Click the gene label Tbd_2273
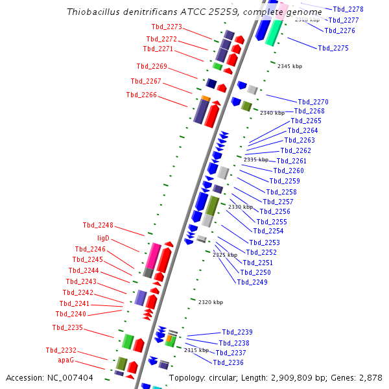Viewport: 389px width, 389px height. tap(167, 27)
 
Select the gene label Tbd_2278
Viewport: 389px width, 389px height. tap(348, 10)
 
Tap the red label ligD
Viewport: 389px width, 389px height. tap(104, 239)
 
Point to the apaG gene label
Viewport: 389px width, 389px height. tap(66, 360)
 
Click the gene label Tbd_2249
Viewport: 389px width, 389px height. tap(252, 282)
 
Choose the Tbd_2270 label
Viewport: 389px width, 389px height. tap(313, 102)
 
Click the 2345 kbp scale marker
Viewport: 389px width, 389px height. tap(290, 66)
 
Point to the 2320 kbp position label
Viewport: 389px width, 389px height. tap(211, 302)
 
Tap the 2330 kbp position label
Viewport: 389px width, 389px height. tap(241, 207)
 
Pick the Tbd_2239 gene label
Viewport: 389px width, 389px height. tap(237, 332)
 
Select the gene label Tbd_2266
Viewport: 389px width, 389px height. tap(141, 95)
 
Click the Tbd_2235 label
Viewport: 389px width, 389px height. tap(68, 327)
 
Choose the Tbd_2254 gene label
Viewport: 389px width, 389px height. tap(268, 231)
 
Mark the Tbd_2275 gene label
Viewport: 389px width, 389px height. tap(333, 49)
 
